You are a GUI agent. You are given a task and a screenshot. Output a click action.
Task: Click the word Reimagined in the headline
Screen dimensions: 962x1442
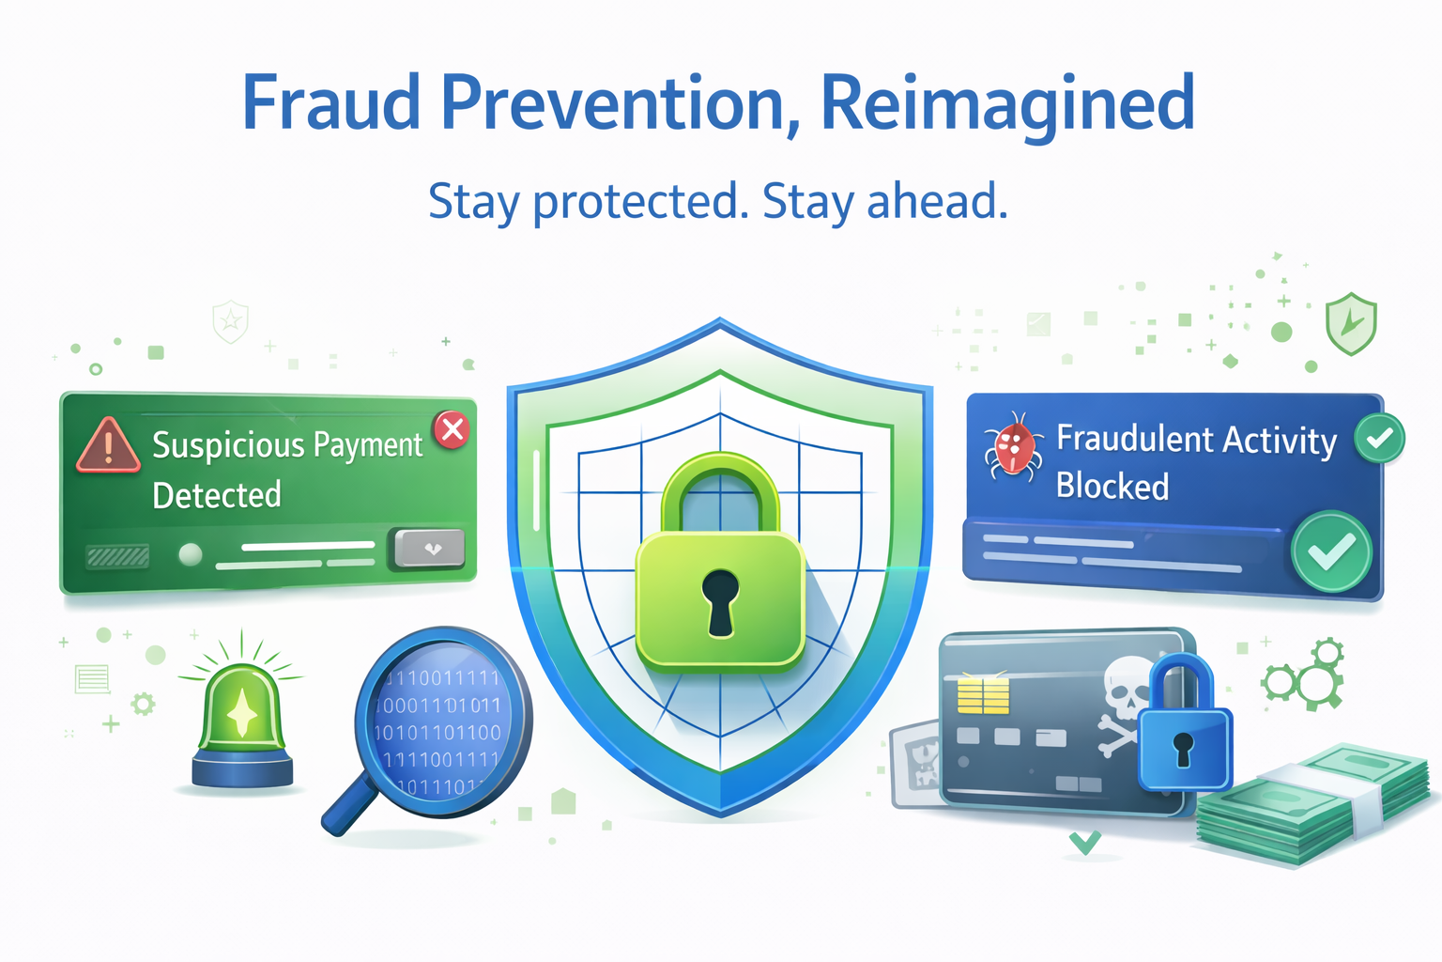point(1007,103)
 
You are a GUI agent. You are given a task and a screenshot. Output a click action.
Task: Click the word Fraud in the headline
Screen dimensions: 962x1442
point(330,103)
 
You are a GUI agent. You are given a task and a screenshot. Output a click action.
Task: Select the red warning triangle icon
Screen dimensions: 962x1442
point(108,445)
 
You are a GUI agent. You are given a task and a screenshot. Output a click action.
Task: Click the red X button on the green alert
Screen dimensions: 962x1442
point(453,429)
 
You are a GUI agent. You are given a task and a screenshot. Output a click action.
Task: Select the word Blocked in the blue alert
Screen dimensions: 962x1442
point(1112,487)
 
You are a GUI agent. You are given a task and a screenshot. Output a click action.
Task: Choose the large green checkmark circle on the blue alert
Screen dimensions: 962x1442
point(1331,551)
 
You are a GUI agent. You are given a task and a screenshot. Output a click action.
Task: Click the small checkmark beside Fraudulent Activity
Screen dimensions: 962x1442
point(1379,438)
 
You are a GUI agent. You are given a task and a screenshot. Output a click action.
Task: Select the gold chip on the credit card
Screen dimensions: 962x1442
point(982,696)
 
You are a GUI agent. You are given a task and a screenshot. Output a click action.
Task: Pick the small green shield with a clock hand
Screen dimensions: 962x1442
point(1350,323)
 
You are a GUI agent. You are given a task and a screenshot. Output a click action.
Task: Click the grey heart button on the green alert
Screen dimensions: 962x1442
point(430,549)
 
